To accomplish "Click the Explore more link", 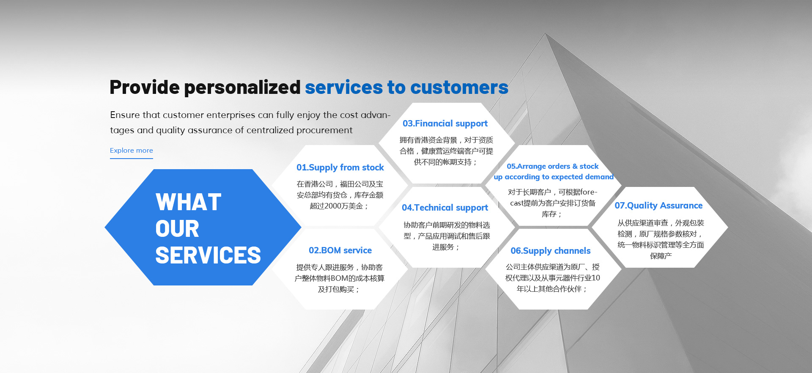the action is [x=132, y=151].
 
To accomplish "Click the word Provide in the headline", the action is [x=145, y=87].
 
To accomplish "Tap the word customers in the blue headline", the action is [x=459, y=88].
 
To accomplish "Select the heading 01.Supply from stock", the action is [x=340, y=167].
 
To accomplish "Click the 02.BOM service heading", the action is [x=340, y=250].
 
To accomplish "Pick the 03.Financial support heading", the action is [x=445, y=123].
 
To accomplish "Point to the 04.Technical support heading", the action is [x=445, y=208].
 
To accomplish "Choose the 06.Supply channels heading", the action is [x=550, y=251].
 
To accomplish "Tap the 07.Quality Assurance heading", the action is [x=658, y=206].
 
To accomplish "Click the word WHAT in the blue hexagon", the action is [x=189, y=202].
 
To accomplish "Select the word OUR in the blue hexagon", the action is [x=177, y=229].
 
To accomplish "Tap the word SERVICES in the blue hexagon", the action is [x=208, y=255].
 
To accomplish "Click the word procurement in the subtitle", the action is [x=324, y=130].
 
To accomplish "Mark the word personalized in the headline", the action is [x=242, y=88].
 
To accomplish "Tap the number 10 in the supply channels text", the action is [x=595, y=278].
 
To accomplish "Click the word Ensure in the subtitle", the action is [x=125, y=115].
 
